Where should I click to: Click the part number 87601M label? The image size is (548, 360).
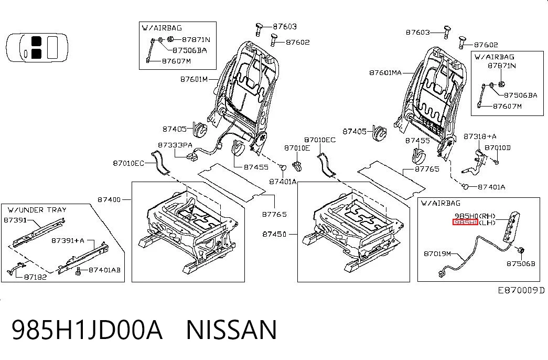coord(194,79)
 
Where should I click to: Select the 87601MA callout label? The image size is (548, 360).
coord(385,73)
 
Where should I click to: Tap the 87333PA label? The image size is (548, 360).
coord(175,145)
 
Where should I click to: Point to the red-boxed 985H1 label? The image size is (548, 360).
coord(465,223)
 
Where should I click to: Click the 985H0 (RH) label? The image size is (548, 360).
coord(475,216)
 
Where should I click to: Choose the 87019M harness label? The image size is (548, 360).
coord(437,253)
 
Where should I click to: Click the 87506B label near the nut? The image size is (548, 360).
coord(521,264)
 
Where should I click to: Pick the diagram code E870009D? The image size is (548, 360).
coord(521,290)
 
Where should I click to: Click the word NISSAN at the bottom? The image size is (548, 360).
coord(231,330)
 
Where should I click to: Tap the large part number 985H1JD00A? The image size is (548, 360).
coord(87,330)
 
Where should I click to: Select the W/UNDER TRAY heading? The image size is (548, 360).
coord(37,210)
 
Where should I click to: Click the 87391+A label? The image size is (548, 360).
coord(68,241)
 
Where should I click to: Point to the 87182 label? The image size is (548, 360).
coord(35,277)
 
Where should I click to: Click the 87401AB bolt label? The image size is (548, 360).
coord(104,270)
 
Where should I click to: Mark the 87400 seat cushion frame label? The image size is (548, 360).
coord(109,200)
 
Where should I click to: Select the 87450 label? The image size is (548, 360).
coord(274,234)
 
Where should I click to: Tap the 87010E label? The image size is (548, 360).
coord(297,148)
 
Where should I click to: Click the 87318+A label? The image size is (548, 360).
coord(480,136)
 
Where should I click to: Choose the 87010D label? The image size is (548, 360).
coord(497,147)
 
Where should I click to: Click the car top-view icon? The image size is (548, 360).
coord(37,48)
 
